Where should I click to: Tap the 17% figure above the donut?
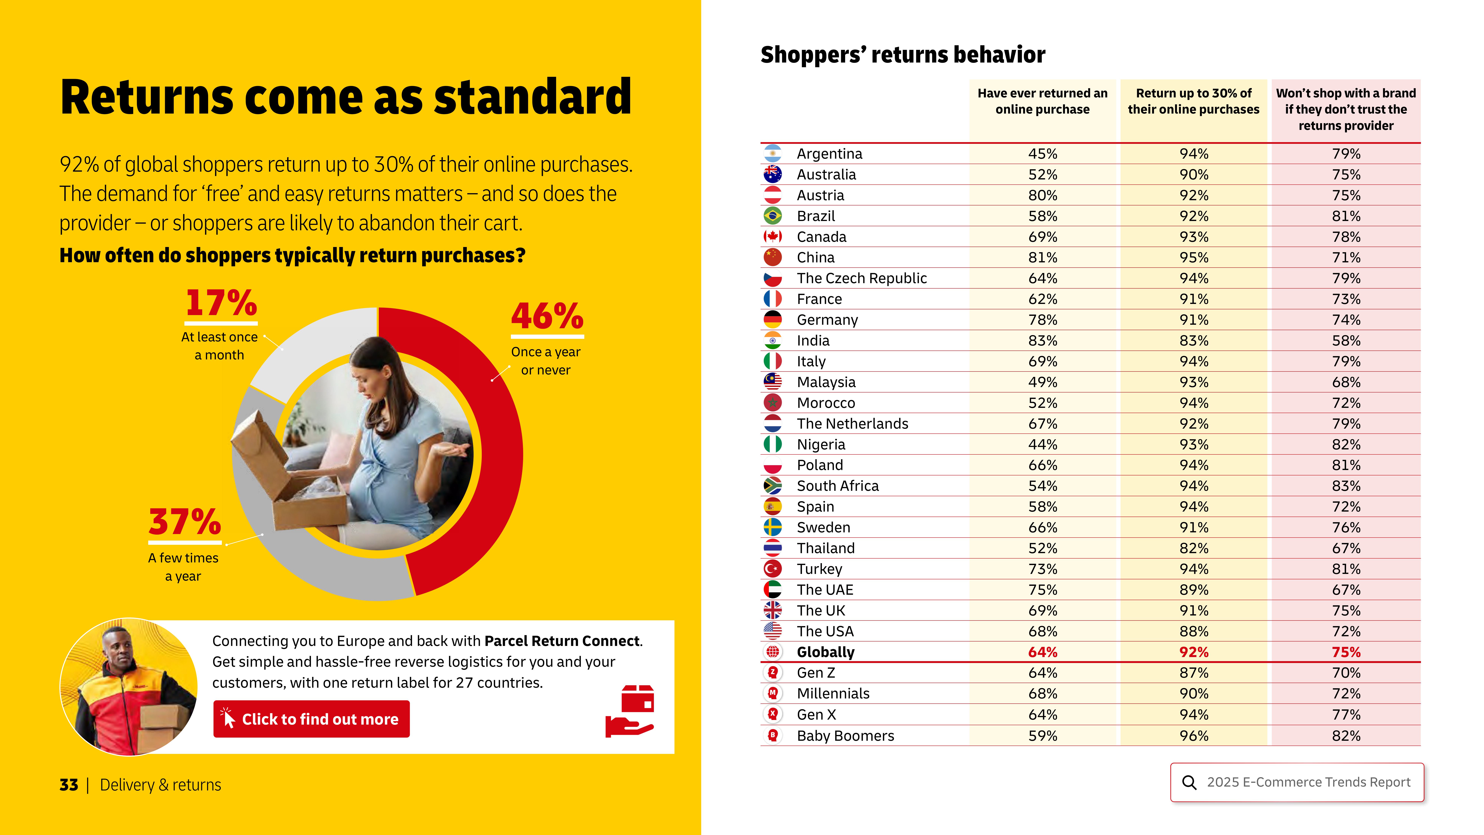tap(221, 304)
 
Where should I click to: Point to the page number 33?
tap(69, 785)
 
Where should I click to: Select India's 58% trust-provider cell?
tap(1346, 340)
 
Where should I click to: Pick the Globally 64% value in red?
tap(1043, 652)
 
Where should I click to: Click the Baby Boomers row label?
tap(845, 736)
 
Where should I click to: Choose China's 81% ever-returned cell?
tap(1043, 258)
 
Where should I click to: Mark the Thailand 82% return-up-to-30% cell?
tap(1194, 548)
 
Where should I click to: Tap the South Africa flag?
tap(773, 486)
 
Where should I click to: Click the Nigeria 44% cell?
tap(1043, 444)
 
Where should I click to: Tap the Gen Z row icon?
tap(773, 672)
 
